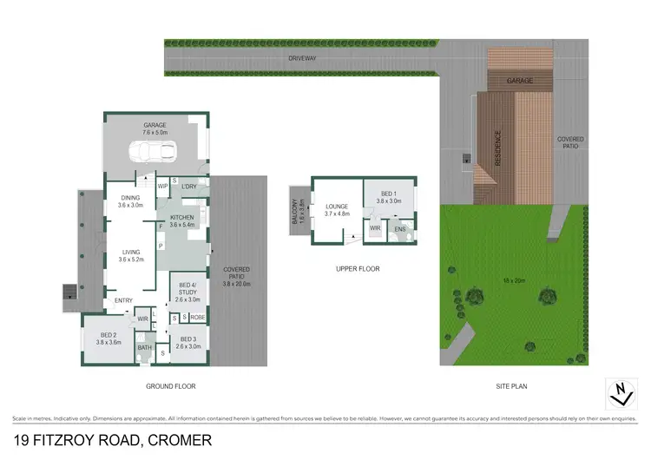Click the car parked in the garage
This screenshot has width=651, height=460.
pos(155,153)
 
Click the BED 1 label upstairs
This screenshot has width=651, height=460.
pos(390,195)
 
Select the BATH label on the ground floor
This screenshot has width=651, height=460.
pos(145,348)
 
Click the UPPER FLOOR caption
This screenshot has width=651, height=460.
pos(358,269)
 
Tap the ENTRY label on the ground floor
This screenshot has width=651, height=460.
pos(124,301)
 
